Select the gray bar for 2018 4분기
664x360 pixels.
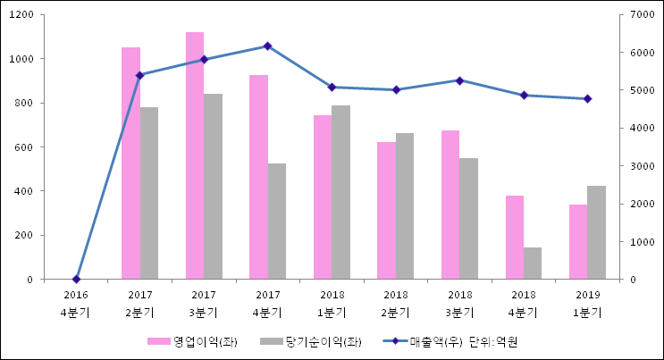tap(533, 263)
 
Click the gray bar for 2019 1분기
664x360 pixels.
tap(596, 232)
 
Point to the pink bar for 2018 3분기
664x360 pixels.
tap(450, 205)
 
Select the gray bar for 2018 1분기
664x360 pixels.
tap(340, 192)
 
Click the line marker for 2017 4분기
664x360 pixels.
tap(268, 46)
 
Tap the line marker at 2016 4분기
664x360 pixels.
tap(76, 279)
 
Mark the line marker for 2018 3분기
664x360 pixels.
tap(459, 80)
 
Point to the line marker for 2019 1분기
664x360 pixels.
tap(587, 98)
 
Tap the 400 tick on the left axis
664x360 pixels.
tap(24, 191)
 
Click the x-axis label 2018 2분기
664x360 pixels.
tap(396, 303)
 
